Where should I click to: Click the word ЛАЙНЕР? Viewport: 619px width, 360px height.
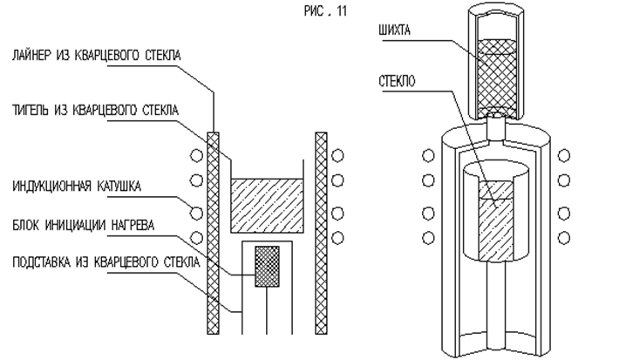click(x=35, y=56)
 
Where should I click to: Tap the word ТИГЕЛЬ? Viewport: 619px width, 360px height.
click(x=33, y=110)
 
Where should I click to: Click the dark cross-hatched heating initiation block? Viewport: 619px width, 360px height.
click(x=266, y=267)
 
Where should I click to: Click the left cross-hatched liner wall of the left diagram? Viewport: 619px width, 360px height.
click(x=210, y=235)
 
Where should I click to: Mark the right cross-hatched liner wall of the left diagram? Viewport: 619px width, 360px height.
click(x=320, y=235)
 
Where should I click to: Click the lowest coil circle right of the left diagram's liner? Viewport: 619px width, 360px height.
click(x=339, y=237)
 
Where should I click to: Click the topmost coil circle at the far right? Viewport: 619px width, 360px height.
click(x=564, y=156)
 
